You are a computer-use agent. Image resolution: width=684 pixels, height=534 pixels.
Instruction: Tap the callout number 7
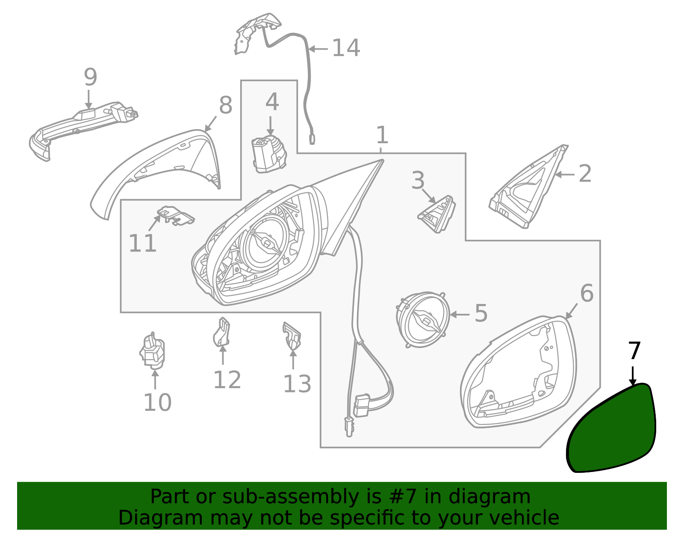click(x=634, y=351)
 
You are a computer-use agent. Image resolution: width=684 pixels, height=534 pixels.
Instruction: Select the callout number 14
click(x=346, y=48)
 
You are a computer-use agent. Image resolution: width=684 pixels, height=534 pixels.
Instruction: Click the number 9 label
click(x=90, y=77)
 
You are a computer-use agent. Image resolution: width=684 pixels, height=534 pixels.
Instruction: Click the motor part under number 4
click(x=269, y=154)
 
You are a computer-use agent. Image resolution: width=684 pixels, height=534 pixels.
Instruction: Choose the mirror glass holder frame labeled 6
click(x=519, y=372)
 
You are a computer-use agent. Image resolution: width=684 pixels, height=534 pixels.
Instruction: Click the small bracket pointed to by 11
click(x=176, y=215)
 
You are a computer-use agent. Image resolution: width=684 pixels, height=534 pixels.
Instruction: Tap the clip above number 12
click(x=221, y=332)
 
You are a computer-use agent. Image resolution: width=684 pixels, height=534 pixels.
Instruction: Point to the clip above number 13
click(x=292, y=336)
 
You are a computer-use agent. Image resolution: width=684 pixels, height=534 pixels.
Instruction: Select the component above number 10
click(x=152, y=351)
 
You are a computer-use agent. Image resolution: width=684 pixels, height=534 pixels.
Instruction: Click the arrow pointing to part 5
click(x=460, y=314)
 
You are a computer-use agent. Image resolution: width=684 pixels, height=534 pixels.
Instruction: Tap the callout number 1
click(x=382, y=135)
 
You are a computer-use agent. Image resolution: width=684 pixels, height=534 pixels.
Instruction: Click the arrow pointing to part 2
click(x=565, y=174)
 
